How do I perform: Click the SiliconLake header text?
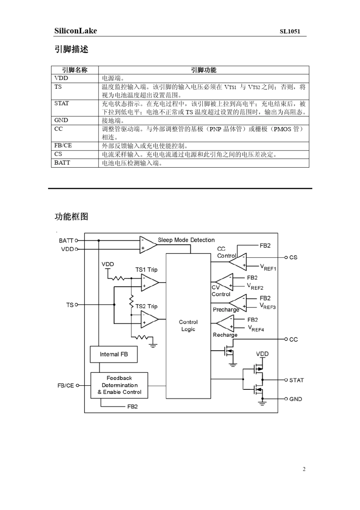[x=75, y=31]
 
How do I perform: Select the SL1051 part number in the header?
[x=290, y=31]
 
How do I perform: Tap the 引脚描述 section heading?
[x=71, y=49]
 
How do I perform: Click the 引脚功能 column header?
[x=203, y=70]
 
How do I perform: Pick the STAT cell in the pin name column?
[x=62, y=104]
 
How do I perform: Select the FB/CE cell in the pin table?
[x=63, y=146]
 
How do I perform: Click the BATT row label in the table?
[x=62, y=163]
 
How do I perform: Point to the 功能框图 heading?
[x=71, y=217]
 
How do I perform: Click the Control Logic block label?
[x=188, y=325]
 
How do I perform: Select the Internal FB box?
[x=114, y=354]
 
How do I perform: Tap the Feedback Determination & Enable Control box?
[x=119, y=385]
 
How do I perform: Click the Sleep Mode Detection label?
[x=186, y=240]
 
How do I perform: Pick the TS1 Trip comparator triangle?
[x=149, y=283]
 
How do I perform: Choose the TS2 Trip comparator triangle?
[x=149, y=319]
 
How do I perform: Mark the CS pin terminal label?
[x=293, y=257]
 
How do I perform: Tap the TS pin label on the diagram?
[x=70, y=305]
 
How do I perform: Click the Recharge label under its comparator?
[x=225, y=335]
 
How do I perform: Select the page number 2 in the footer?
[x=304, y=469]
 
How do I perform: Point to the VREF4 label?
[x=256, y=328]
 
